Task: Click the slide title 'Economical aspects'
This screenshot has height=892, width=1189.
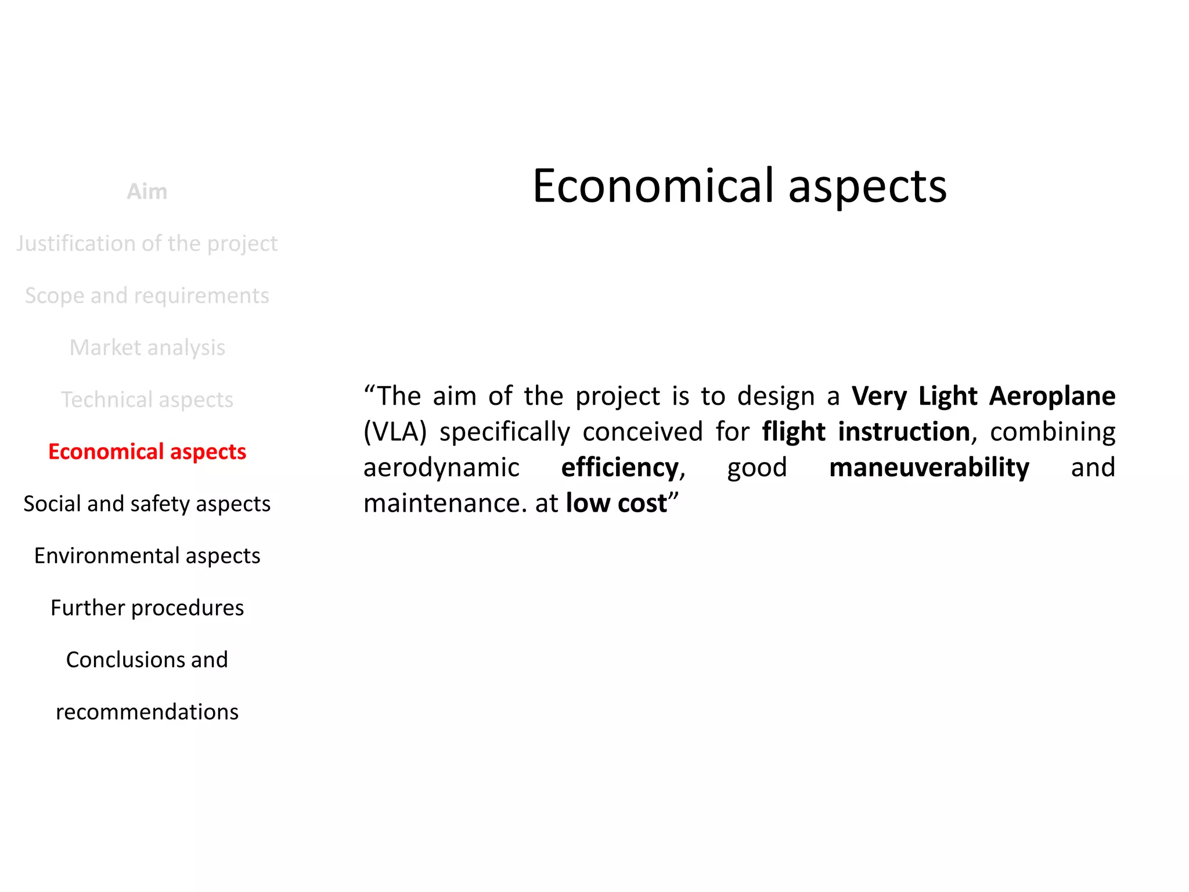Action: [x=739, y=186]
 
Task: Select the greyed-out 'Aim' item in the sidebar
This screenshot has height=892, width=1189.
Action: [x=147, y=192]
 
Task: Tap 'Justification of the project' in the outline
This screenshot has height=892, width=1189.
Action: [x=147, y=243]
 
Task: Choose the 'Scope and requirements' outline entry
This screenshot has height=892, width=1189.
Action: [x=147, y=296]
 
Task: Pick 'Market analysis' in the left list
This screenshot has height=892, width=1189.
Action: [x=147, y=347]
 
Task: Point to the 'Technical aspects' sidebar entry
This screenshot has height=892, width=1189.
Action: [x=147, y=400]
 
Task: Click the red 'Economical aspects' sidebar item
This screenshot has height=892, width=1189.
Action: [x=147, y=451]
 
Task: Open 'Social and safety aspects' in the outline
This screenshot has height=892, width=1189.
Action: [x=147, y=503]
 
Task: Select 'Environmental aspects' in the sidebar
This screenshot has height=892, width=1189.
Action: [x=147, y=556]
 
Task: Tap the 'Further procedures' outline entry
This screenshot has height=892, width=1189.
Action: [x=147, y=607]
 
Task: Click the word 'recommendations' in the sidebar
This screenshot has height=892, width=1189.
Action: [x=147, y=711]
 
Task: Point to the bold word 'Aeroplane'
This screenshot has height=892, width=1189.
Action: [x=1052, y=396]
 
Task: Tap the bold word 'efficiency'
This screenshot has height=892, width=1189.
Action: [x=619, y=467]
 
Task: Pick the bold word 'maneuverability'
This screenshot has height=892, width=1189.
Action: [x=929, y=467]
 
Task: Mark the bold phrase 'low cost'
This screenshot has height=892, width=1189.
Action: [x=616, y=503]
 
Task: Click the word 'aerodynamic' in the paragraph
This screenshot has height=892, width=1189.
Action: [x=441, y=467]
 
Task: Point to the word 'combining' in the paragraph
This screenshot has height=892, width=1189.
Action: [x=1052, y=432]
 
